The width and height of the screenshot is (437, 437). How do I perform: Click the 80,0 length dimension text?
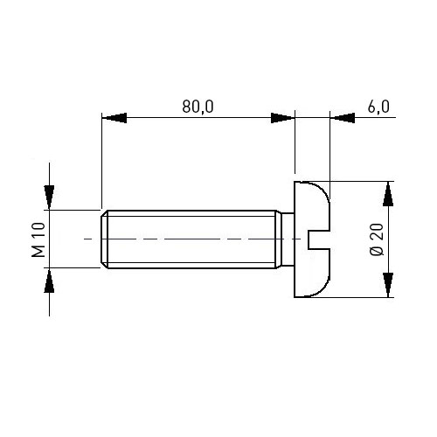coord(198,107)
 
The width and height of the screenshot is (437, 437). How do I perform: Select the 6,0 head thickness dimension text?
coord(378,107)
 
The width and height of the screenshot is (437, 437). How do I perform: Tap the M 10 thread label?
coord(38,239)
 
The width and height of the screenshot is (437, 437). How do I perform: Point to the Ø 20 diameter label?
coord(377,239)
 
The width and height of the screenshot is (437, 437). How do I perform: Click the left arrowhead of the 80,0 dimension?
coord(114,118)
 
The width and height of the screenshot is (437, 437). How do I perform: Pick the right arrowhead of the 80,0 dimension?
coord(282,118)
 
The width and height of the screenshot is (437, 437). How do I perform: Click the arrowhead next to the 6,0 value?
coord(343,118)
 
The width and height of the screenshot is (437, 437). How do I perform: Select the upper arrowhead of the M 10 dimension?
coord(49,198)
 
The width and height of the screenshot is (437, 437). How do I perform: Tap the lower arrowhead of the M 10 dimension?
coord(49,281)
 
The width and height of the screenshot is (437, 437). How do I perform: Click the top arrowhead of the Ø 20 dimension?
coord(388,194)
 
